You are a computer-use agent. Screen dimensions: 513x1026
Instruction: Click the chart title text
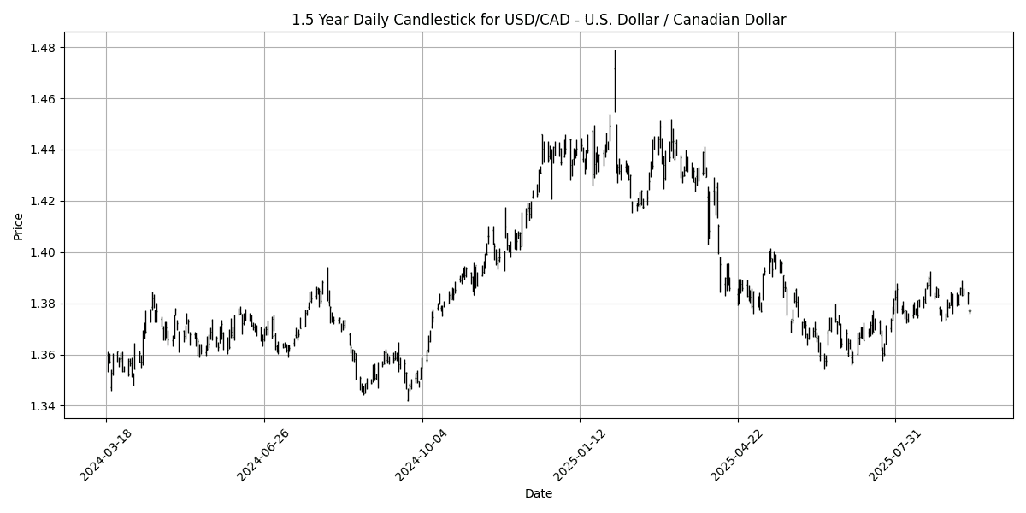539,20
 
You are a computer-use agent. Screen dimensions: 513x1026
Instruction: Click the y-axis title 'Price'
18,227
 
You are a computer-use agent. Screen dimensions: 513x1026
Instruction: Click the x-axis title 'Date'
539,493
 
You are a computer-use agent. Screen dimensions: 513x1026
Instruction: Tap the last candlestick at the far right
970,311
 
